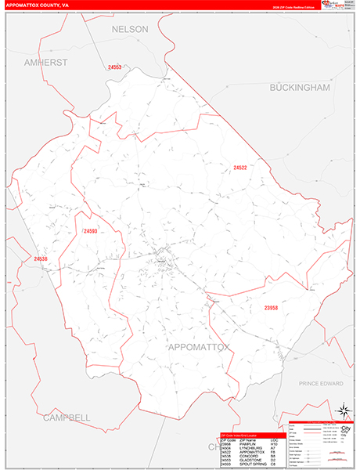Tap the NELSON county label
[x=130, y=29]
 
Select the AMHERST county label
[x=46, y=62]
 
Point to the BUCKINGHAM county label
[x=300, y=88]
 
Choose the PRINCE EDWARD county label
[x=322, y=384]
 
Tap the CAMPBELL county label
[x=67, y=417]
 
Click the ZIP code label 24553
[x=115, y=67]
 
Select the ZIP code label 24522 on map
[x=240, y=168]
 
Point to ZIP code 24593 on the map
[x=90, y=231]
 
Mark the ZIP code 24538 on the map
[x=41, y=258]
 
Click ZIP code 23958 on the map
[x=271, y=308]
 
